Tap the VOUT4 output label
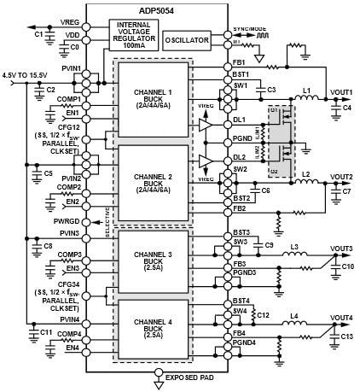click(341, 318)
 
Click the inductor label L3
click(294, 247)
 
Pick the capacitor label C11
click(22, 331)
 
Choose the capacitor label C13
click(346, 337)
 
